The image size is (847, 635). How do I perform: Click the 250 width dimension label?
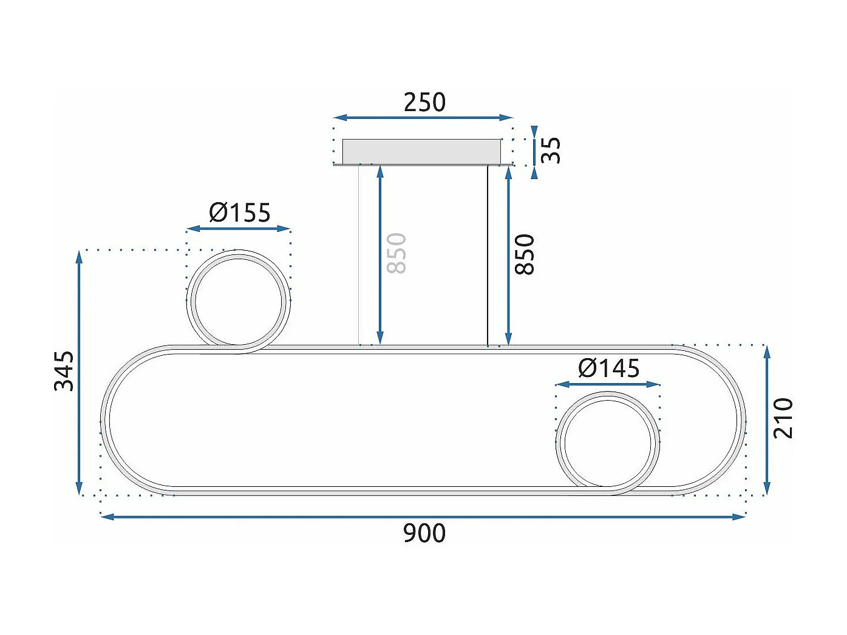424,102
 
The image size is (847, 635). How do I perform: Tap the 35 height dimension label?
551,150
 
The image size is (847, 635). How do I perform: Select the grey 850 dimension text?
396,253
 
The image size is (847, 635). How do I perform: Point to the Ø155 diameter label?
240,212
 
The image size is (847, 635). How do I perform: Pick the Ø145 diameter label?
608,368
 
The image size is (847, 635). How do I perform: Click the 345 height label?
64,370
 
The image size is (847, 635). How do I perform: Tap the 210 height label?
783,418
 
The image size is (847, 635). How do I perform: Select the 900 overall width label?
424,533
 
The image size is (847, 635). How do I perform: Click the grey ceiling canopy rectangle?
421,151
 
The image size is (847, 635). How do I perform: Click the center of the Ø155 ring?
239,301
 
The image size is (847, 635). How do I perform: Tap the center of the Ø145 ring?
608,443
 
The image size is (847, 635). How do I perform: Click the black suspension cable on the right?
488,255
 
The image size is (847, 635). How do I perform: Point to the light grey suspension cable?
359,255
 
